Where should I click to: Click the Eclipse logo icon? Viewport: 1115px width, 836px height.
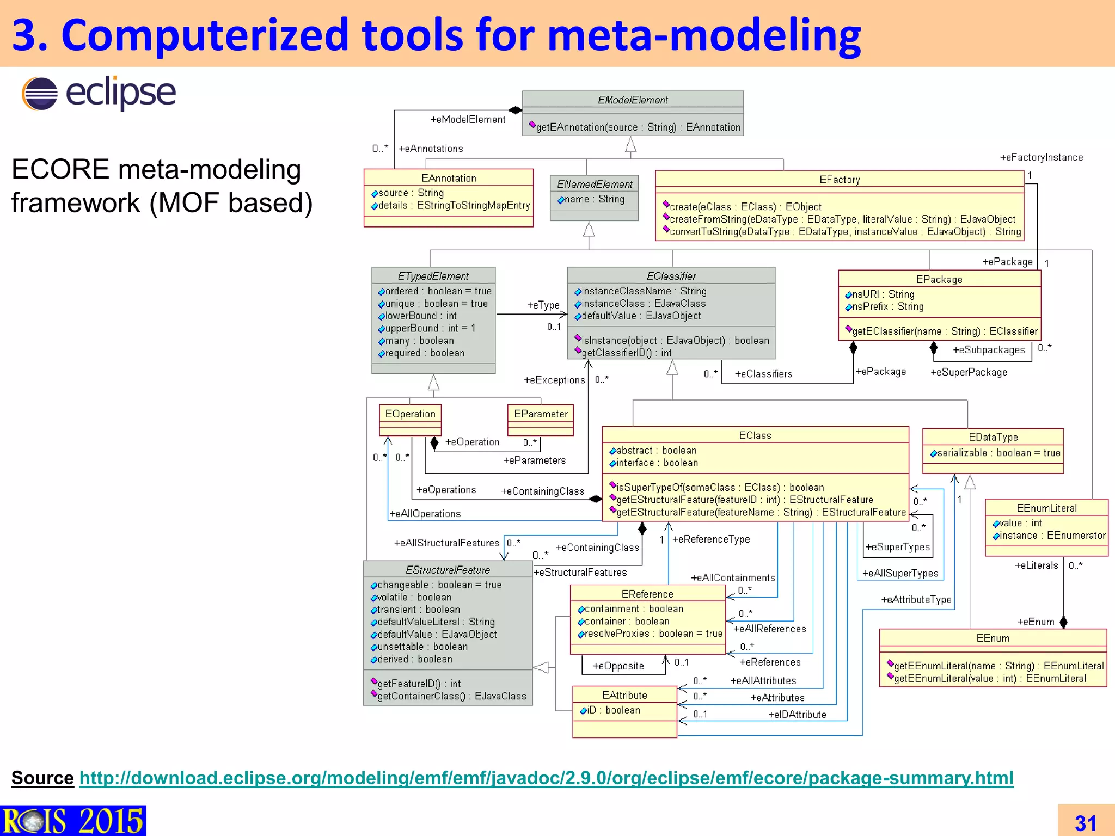point(40,94)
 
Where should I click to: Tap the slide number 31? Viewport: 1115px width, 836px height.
point(1085,822)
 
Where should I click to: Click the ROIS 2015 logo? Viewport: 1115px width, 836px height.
point(72,821)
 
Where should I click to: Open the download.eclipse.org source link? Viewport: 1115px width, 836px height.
point(546,778)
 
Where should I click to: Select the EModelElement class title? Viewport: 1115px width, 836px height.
point(633,100)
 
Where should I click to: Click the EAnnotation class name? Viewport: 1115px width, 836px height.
point(449,178)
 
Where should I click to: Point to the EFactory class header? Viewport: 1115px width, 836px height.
point(840,180)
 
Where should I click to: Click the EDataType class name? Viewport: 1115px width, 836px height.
point(993,437)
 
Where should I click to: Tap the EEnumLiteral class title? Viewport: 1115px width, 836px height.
point(1046,508)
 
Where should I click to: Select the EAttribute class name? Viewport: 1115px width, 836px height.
point(624,695)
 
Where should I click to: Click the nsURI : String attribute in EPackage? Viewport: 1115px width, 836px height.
point(883,294)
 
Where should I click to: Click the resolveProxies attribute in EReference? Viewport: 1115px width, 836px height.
point(653,634)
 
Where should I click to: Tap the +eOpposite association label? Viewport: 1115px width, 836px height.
point(618,666)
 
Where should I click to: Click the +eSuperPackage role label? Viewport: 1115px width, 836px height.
point(969,372)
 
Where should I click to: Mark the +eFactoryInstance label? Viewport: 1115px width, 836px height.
point(1041,157)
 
